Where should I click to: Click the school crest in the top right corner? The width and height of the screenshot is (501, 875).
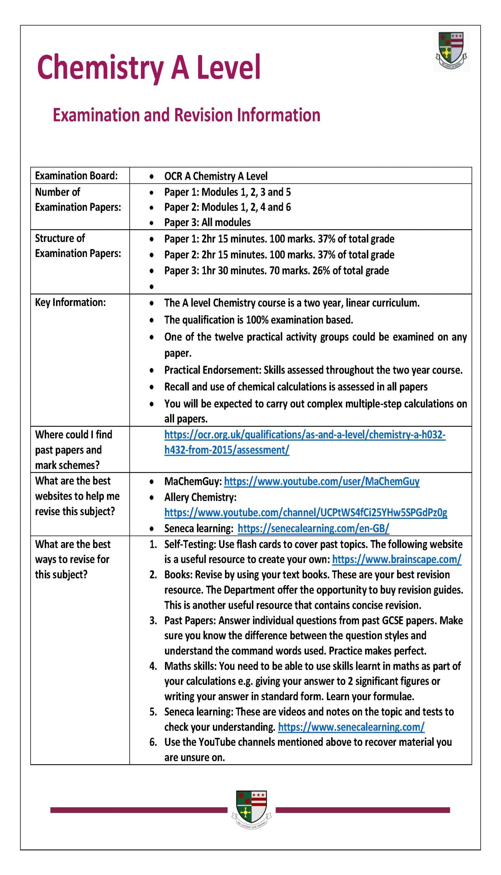(x=451, y=51)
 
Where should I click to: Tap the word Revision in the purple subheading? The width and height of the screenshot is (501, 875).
(x=203, y=115)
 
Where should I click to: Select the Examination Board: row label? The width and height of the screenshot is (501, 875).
(x=76, y=176)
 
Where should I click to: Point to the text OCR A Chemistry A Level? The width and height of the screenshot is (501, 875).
(x=215, y=176)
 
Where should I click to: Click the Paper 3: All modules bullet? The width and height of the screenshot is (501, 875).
(x=207, y=223)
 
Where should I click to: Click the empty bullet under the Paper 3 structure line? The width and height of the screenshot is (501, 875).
(x=151, y=286)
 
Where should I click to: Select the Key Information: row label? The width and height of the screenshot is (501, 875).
(x=70, y=302)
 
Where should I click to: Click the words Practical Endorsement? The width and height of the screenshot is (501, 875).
(x=212, y=370)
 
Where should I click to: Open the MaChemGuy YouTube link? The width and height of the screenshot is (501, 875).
(x=321, y=481)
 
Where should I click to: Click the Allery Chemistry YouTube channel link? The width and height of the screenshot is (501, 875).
(x=306, y=513)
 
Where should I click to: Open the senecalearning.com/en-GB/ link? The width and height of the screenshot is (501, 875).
(x=313, y=528)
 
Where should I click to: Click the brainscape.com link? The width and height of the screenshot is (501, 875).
(x=396, y=559)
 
